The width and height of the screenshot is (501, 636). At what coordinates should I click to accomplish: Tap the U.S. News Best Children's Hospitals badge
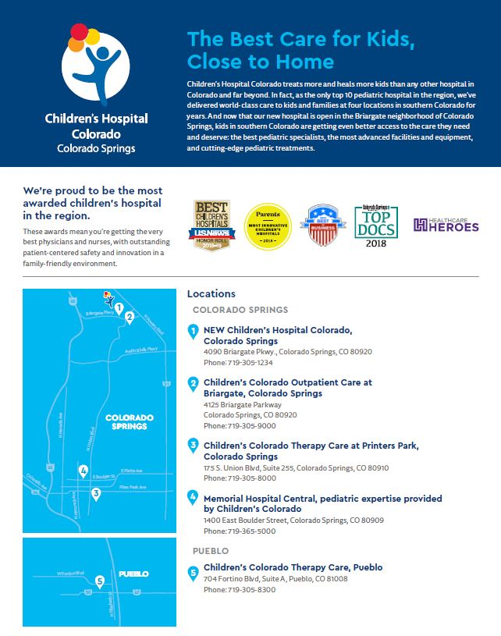click(211, 226)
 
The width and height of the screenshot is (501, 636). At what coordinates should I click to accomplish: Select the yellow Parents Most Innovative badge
click(268, 226)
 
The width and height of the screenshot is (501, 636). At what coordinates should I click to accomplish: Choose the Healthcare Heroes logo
click(446, 226)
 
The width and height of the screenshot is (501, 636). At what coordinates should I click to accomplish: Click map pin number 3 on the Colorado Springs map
click(96, 493)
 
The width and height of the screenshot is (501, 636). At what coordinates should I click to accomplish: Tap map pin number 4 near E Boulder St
click(83, 471)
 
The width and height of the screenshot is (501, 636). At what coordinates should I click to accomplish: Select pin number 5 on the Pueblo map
click(99, 581)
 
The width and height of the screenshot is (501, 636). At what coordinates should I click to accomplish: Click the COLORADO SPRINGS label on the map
click(130, 422)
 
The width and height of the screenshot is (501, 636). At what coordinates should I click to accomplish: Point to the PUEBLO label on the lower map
click(133, 574)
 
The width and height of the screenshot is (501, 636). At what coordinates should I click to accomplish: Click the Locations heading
click(211, 294)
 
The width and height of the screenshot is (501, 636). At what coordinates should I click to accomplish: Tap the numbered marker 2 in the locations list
click(194, 383)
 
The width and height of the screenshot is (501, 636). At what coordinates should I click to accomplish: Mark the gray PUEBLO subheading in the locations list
click(211, 550)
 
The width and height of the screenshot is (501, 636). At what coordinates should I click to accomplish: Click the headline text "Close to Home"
click(261, 61)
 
